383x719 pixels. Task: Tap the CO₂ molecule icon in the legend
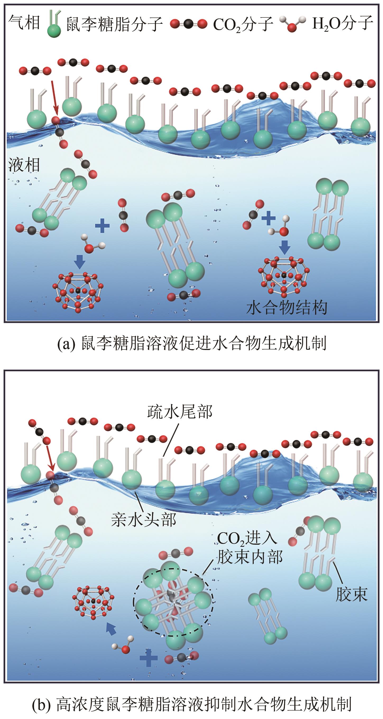[x=188, y=24]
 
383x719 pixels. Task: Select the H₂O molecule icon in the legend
[x=292, y=24]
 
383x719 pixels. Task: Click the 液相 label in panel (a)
[x=24, y=165]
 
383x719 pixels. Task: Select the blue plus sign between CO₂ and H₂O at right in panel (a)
[x=268, y=218]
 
